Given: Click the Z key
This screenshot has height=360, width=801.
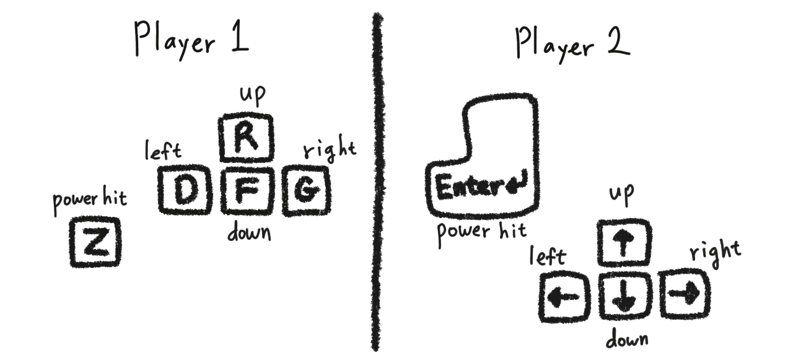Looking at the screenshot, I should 95,242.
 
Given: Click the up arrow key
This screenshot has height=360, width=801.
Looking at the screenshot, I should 624,242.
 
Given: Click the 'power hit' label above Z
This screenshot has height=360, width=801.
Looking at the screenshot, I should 90,203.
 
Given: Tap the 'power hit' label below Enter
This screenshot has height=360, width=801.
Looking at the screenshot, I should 482,232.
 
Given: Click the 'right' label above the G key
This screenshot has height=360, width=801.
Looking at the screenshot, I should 329,151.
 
